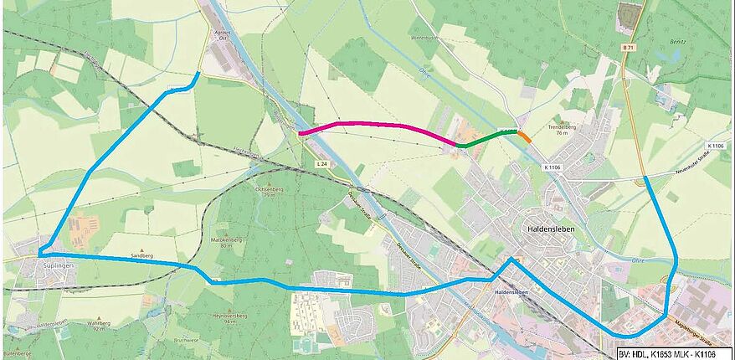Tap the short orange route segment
pyautogui.click(x=524, y=136)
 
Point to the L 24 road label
pyautogui.click(x=321, y=163)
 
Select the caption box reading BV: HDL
pyautogui.click(x=675, y=353)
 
